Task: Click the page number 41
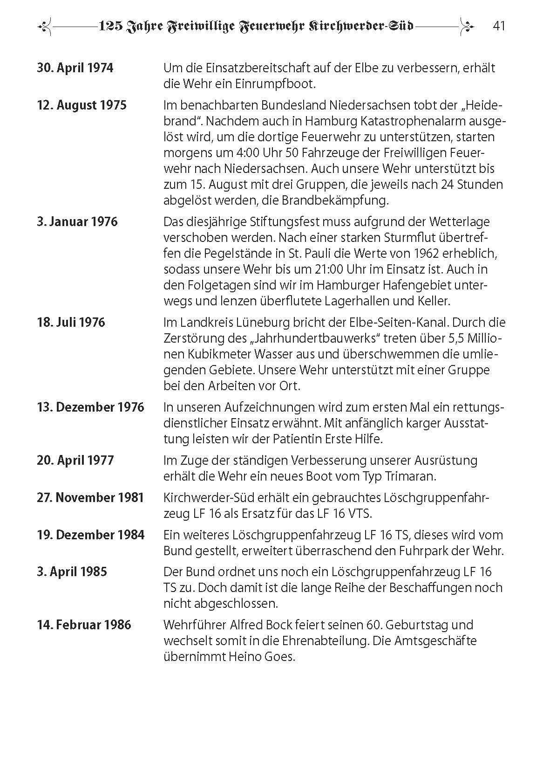(498, 26)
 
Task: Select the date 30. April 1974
(75, 68)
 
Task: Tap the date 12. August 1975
(81, 105)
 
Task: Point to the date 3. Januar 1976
(77, 221)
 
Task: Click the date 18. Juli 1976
(71, 322)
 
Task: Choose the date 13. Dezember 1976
(90, 407)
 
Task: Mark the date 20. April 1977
(75, 460)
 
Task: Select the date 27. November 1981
(90, 497)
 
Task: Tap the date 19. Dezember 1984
(91, 535)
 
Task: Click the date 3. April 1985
(72, 571)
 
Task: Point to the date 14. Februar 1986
(84, 625)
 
